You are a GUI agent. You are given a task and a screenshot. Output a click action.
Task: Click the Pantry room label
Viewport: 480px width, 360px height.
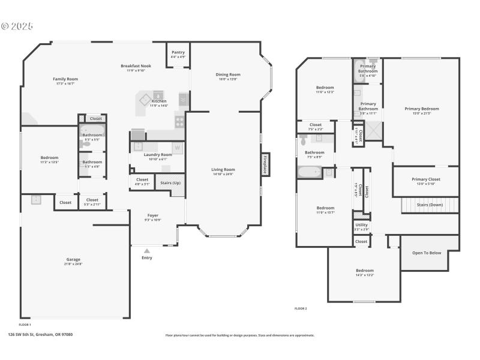[178, 52]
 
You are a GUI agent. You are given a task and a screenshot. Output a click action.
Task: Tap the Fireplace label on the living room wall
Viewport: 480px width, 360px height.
[265, 163]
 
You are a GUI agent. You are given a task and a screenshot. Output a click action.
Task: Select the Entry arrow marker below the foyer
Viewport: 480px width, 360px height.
[147, 251]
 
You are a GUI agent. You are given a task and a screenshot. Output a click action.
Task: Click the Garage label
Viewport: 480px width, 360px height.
[73, 259]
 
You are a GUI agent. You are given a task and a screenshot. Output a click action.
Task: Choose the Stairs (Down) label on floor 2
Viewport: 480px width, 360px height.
[430, 205]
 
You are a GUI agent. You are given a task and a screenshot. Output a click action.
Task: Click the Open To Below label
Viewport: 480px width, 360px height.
[427, 253]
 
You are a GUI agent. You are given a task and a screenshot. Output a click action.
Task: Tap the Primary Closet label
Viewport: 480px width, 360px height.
[426, 179]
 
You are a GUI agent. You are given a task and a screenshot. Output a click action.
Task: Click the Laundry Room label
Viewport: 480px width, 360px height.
[158, 154]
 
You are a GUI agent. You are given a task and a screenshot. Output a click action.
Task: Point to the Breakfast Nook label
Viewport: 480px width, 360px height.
[136, 65]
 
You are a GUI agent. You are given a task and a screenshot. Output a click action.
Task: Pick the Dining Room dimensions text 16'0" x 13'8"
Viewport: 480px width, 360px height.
[228, 79]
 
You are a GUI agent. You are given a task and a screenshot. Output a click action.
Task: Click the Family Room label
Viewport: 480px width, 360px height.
[65, 79]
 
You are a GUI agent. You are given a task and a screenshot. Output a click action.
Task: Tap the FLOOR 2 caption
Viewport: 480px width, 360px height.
[301, 308]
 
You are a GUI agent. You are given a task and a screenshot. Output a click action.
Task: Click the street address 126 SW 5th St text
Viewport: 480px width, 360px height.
[40, 335]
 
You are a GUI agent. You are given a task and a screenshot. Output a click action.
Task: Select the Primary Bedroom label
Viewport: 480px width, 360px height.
[421, 109]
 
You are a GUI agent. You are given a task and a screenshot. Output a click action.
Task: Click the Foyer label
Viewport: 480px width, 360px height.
[153, 215]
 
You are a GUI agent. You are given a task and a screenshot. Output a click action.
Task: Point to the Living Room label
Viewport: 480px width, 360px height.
[223, 169]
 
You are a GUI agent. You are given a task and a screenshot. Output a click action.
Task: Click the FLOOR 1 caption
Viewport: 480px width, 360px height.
[25, 323]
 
